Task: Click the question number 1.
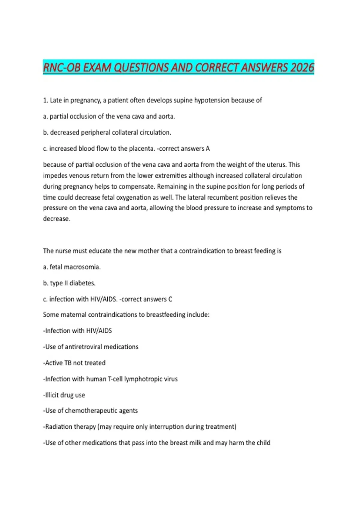pyautogui.click(x=45, y=100)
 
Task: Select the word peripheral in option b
pyautogui.click(x=96, y=133)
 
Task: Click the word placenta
pyautogui.click(x=141, y=148)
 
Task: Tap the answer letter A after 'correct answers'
pyautogui.click(x=208, y=148)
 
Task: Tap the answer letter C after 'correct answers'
pyautogui.click(x=170, y=299)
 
